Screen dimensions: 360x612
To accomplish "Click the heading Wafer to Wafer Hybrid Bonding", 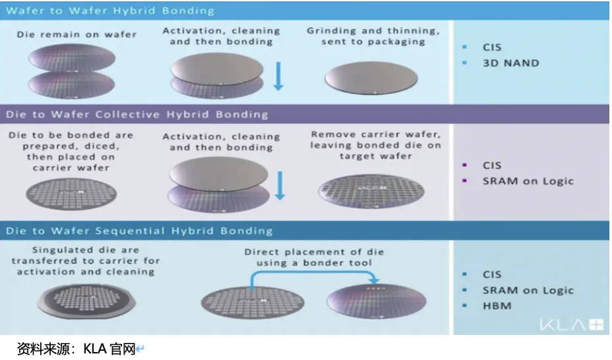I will pyautogui.click(x=110, y=11).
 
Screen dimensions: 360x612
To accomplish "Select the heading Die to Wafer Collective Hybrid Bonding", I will pyautogui.click(x=137, y=114).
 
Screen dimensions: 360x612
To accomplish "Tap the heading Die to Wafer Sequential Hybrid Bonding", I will pyautogui.click(x=139, y=231).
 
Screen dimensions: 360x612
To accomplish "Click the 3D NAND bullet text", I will pyautogui.click(x=510, y=63).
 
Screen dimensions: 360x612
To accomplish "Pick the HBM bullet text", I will pyautogui.click(x=497, y=306).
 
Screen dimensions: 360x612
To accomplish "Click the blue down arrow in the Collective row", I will pyautogui.click(x=280, y=184).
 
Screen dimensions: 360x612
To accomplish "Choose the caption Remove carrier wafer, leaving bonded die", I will pyautogui.click(x=375, y=145).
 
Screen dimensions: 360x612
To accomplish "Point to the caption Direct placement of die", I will pyautogui.click(x=314, y=257).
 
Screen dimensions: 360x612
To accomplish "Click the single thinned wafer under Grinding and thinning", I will pyautogui.click(x=371, y=79).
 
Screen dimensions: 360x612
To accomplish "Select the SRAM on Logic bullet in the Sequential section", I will pyautogui.click(x=528, y=290).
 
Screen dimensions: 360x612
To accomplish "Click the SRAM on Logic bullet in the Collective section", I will pyautogui.click(x=528, y=181).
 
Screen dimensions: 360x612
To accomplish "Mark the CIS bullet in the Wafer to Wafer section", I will pyautogui.click(x=492, y=47).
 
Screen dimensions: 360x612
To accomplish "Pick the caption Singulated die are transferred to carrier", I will pyautogui.click(x=85, y=260).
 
